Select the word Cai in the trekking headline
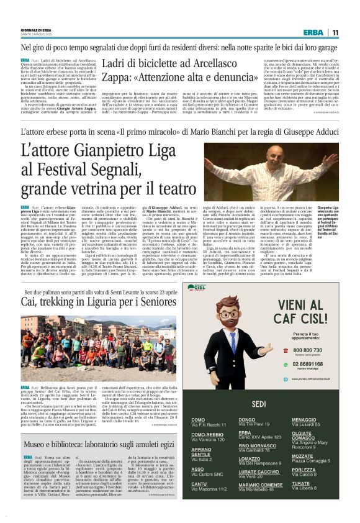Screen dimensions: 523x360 coord(29,301)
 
